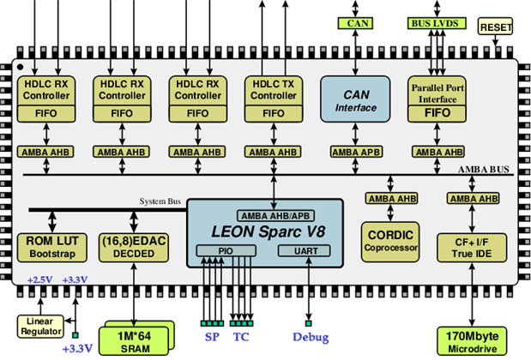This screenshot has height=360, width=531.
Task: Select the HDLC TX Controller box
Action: click(x=272, y=89)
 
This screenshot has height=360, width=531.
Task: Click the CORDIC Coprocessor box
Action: click(x=391, y=240)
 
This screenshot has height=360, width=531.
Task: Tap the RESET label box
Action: click(x=495, y=27)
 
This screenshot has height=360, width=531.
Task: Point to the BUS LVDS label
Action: click(x=434, y=24)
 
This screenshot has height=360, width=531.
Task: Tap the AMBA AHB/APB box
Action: click(x=264, y=213)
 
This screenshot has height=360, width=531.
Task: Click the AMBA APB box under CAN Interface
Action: click(x=353, y=152)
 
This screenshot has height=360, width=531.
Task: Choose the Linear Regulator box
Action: click(x=40, y=327)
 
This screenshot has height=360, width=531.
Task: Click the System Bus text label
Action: click(x=160, y=201)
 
